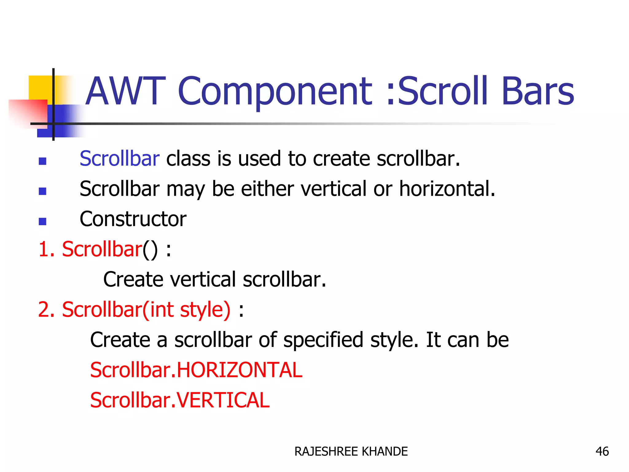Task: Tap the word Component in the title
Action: click(275, 92)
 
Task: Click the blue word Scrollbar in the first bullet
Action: click(119, 159)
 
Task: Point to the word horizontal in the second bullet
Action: click(447, 189)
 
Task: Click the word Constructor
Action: click(133, 219)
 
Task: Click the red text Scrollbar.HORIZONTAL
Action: click(196, 370)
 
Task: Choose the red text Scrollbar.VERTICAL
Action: click(180, 400)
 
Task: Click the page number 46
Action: click(602, 451)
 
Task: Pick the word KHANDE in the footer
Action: click(385, 451)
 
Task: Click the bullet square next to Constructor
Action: click(42, 222)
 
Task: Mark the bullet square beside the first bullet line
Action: click(42, 161)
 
